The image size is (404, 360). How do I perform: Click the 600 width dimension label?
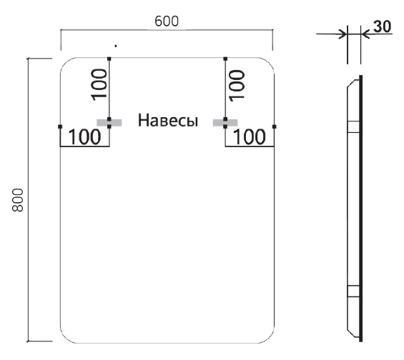click(x=167, y=21)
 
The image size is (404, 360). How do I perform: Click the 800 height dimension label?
click(x=18, y=200)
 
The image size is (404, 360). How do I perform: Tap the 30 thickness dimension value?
click(x=383, y=26)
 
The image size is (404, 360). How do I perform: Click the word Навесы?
click(x=168, y=120)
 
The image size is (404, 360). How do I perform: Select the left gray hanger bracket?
click(x=109, y=123)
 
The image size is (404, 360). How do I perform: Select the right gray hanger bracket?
click(x=225, y=123)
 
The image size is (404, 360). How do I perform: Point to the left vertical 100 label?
click(x=99, y=85)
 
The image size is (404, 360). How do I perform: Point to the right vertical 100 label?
click(x=236, y=86)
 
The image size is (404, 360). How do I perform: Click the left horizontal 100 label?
click(x=84, y=137)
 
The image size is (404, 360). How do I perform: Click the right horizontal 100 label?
click(x=249, y=137)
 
